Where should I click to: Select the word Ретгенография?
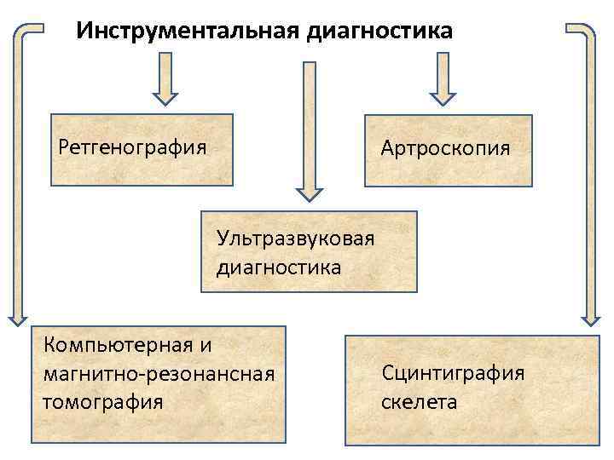tap(132, 147)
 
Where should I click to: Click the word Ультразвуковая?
tap(296, 236)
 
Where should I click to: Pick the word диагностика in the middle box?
tap(279, 267)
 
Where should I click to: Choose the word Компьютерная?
tap(116, 345)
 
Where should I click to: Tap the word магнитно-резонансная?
tap(159, 373)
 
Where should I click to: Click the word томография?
tap(102, 400)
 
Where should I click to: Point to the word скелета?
tap(419, 401)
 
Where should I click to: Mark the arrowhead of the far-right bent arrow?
tap(591, 317)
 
